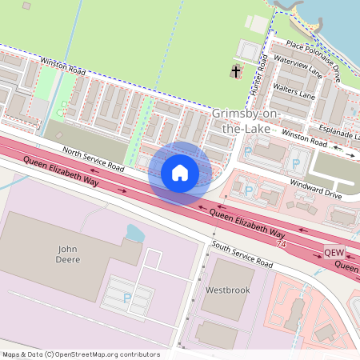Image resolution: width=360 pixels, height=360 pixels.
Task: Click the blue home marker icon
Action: pyautogui.click(x=180, y=173)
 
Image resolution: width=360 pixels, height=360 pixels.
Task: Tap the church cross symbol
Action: pyautogui.click(x=236, y=73)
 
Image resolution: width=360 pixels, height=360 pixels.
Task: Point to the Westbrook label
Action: pyautogui.click(x=228, y=289)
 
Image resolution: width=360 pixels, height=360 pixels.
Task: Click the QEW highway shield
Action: pyautogui.click(x=334, y=253)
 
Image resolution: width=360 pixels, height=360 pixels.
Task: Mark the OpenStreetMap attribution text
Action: pyautogui.click(x=80, y=354)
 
